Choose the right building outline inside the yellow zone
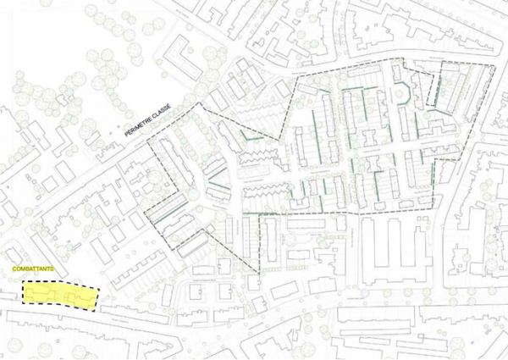(x=75, y=296)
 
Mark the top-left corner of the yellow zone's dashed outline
(x=23, y=284)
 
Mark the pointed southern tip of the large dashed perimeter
(x=259, y=273)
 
